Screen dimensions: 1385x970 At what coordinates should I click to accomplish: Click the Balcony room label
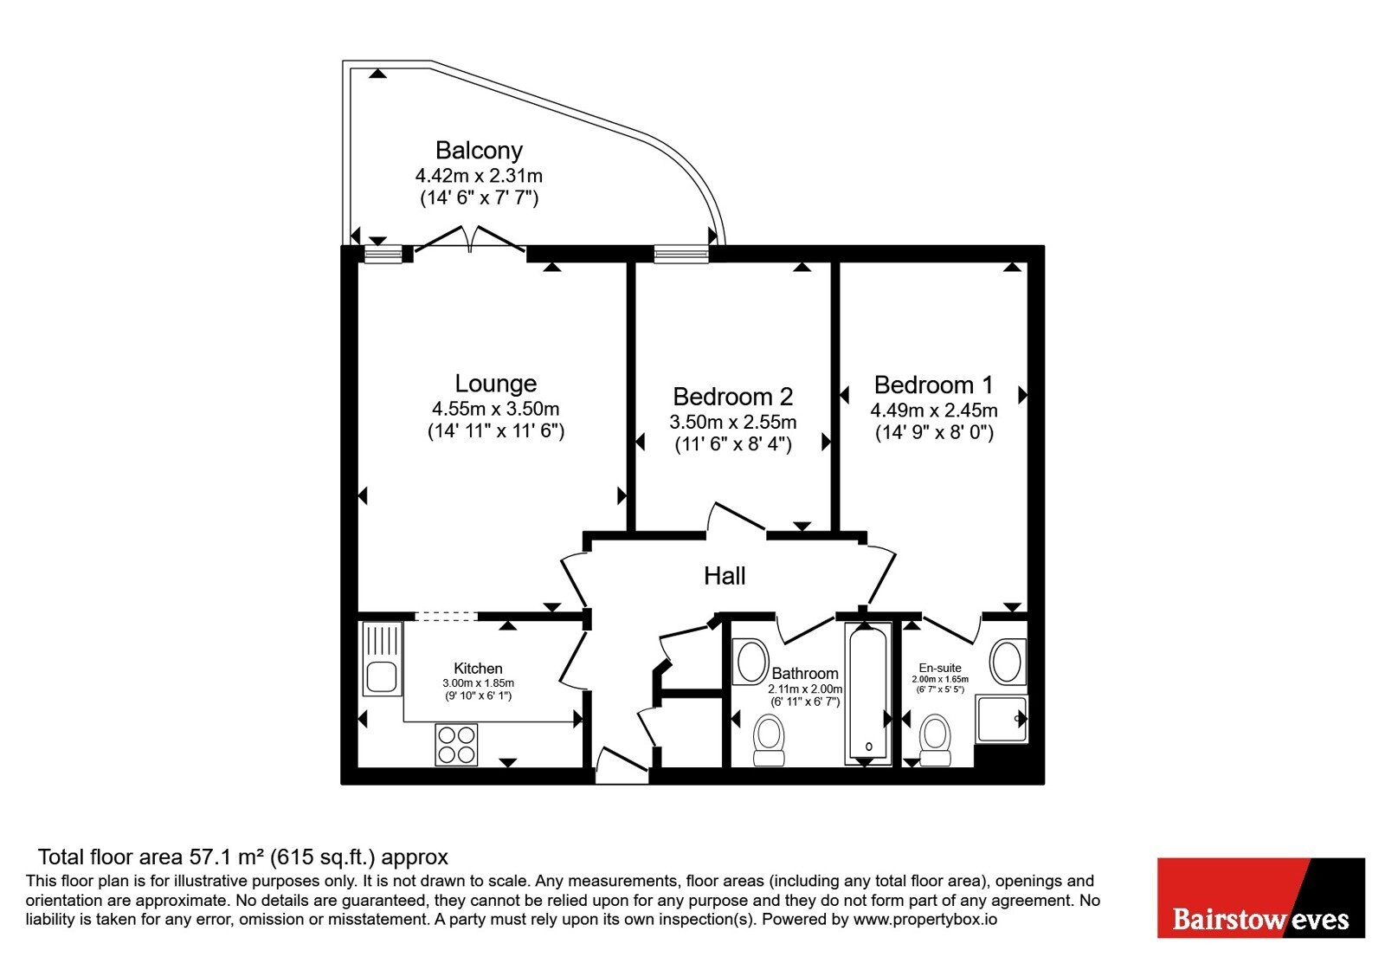(479, 151)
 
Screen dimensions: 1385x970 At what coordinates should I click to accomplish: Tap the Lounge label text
(495, 384)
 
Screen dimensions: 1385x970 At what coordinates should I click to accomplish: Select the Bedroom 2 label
(732, 397)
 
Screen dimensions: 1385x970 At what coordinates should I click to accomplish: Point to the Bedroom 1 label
(934, 385)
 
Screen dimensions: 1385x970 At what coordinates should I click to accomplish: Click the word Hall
(725, 576)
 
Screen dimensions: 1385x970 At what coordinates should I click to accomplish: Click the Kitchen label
(478, 668)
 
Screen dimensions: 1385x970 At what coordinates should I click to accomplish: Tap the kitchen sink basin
(382, 676)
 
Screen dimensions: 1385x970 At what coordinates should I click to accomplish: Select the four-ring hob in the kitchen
(456, 745)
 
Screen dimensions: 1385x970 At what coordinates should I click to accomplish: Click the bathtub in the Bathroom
(868, 694)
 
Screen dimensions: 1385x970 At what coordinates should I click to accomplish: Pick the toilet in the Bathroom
(770, 740)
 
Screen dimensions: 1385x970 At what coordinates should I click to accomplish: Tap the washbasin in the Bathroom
(750, 662)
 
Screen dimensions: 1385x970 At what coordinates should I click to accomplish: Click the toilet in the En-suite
(935, 740)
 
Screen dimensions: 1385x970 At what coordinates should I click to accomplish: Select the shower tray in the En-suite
(1001, 719)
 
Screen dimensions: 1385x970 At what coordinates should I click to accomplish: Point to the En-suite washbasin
(1008, 662)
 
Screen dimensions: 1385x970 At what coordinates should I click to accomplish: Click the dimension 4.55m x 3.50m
(495, 408)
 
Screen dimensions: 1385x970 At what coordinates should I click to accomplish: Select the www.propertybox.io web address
(925, 920)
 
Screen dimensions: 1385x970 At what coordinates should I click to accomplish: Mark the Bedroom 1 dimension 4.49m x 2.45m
(934, 411)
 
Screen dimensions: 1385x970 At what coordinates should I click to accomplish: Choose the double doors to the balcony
(470, 240)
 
